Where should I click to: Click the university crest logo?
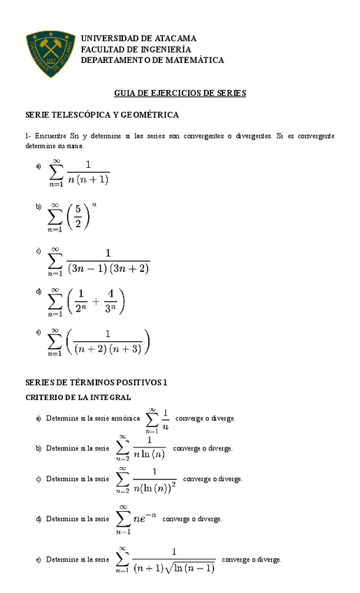(50, 54)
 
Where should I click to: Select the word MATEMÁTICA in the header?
(191, 60)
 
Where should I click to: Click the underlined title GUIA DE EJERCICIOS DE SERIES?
(180, 93)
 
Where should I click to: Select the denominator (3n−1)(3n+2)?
(108, 268)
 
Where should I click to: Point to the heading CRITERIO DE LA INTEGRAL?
(78, 398)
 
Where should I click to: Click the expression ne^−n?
(143, 520)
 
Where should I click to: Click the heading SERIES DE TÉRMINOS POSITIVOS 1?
(96, 383)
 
